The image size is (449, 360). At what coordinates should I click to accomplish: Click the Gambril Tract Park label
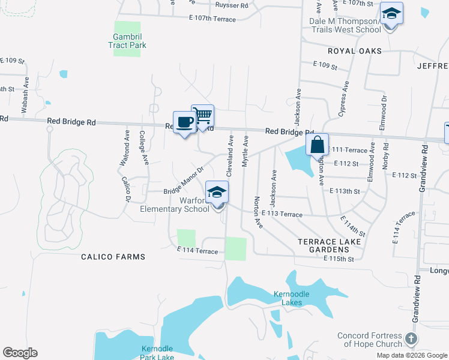(127, 40)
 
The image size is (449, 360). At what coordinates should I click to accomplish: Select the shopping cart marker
(203, 116)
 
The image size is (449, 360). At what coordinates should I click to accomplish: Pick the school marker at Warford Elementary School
(217, 193)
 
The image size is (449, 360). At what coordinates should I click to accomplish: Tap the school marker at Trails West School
(391, 14)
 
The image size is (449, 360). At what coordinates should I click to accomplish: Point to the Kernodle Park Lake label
(157, 353)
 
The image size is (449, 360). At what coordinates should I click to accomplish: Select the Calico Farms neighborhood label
(113, 257)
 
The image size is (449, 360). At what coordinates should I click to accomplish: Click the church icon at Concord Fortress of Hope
(411, 338)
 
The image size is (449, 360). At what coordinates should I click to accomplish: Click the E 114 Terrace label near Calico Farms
(197, 251)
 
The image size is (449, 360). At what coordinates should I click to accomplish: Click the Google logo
(20, 353)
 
